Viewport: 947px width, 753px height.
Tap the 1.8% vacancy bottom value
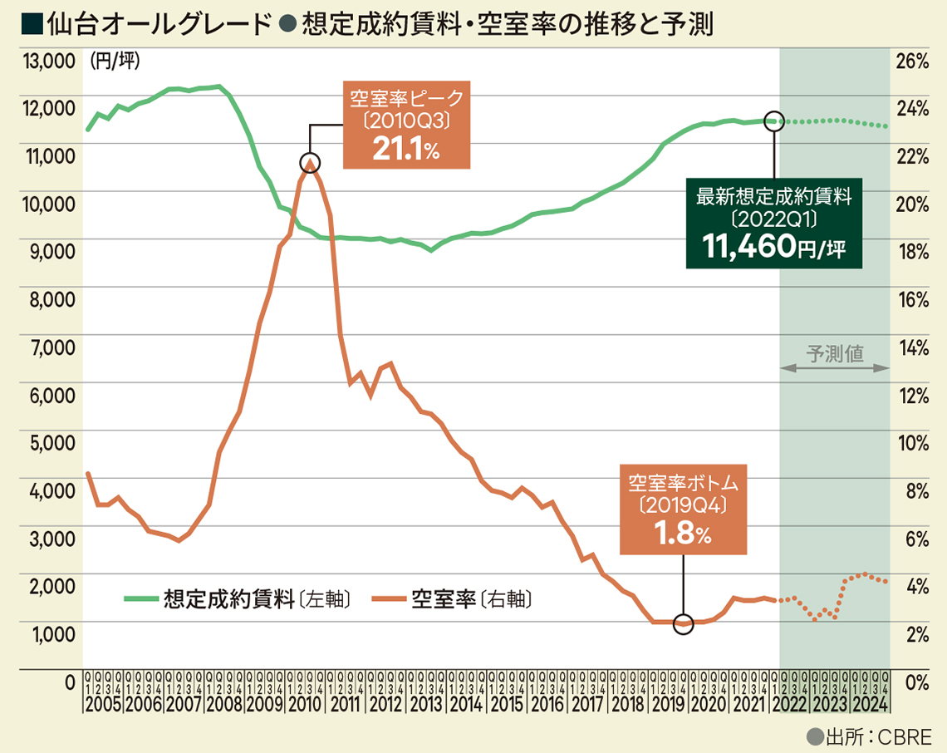(x=682, y=534)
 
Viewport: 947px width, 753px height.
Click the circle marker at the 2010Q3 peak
(x=310, y=162)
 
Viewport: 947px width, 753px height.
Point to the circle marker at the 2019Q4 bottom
(x=683, y=623)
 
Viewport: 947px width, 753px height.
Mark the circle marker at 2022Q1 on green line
(x=773, y=121)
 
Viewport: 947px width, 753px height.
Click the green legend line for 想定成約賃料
(x=142, y=598)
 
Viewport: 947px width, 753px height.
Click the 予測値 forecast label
(x=835, y=353)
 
